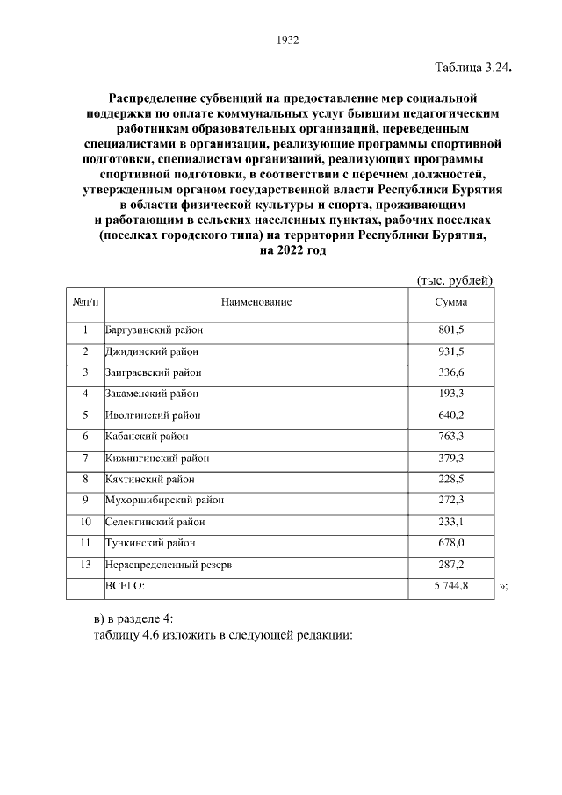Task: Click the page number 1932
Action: (288, 40)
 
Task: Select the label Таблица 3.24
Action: (472, 68)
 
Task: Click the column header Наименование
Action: (256, 302)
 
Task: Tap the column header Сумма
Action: (451, 302)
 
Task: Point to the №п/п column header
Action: (85, 302)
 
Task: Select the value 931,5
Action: (451, 351)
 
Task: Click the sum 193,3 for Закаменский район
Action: (451, 394)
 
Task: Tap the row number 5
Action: (85, 415)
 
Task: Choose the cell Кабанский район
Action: (147, 437)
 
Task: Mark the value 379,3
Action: (451, 458)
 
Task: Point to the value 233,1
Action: (451, 522)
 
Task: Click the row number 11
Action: (85, 543)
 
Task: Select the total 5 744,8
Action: (451, 586)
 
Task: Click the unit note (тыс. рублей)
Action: (454, 280)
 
